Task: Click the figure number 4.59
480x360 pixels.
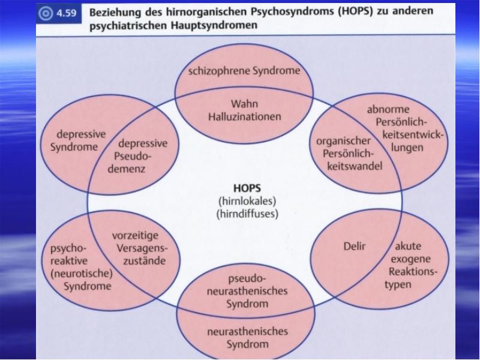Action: click(x=66, y=13)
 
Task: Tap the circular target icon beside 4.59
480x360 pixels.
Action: click(x=46, y=13)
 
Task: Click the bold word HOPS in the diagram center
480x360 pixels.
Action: click(x=247, y=188)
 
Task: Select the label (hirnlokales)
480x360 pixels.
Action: click(x=247, y=201)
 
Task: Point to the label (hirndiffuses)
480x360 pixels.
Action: click(x=247, y=214)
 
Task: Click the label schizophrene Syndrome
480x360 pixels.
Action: click(x=244, y=71)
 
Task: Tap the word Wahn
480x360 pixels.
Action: click(x=244, y=104)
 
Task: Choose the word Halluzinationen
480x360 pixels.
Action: click(x=245, y=116)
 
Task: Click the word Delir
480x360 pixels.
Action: click(x=355, y=246)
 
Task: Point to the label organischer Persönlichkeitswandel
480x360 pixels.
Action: click(x=349, y=154)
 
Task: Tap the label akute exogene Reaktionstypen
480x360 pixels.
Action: click(x=411, y=265)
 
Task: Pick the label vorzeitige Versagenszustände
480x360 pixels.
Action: click(x=140, y=248)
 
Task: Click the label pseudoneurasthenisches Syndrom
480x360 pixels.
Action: click(x=247, y=291)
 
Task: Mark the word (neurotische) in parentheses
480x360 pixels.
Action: click(x=82, y=274)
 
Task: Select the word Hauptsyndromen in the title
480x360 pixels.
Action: click(x=214, y=25)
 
